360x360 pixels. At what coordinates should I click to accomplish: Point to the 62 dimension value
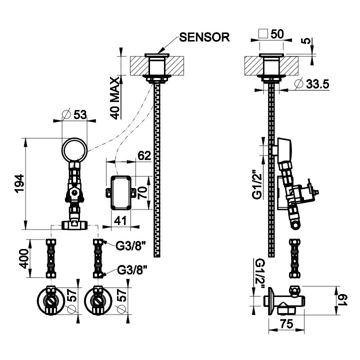tap(143, 155)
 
